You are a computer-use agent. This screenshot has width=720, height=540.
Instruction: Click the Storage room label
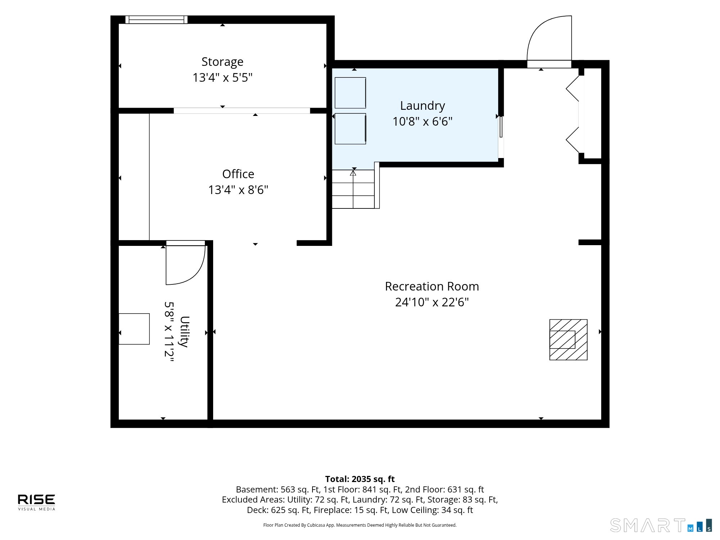[222, 62]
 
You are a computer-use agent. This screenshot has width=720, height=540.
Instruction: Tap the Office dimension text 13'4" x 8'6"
[238, 190]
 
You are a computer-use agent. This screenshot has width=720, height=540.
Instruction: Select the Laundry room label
[423, 106]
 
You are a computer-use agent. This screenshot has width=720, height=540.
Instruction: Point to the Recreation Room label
[432, 286]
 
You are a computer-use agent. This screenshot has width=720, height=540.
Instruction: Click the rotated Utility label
[184, 332]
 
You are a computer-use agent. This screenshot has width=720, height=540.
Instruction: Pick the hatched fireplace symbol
[568, 339]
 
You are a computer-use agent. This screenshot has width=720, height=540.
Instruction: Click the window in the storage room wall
[156, 19]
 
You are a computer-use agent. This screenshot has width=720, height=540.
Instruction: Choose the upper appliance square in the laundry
[350, 93]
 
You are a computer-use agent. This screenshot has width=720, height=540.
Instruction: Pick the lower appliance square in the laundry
[350, 129]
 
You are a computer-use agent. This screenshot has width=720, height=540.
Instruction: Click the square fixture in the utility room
[134, 329]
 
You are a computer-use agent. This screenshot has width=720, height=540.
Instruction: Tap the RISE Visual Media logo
[37, 502]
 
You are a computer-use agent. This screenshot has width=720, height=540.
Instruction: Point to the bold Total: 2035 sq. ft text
[360, 479]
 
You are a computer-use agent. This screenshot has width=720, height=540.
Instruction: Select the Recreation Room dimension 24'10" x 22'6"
[432, 302]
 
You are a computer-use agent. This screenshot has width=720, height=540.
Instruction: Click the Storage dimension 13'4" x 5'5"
[222, 78]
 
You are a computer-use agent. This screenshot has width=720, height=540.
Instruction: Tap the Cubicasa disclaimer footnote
[360, 525]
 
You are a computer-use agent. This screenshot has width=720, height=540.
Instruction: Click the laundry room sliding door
[501, 137]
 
